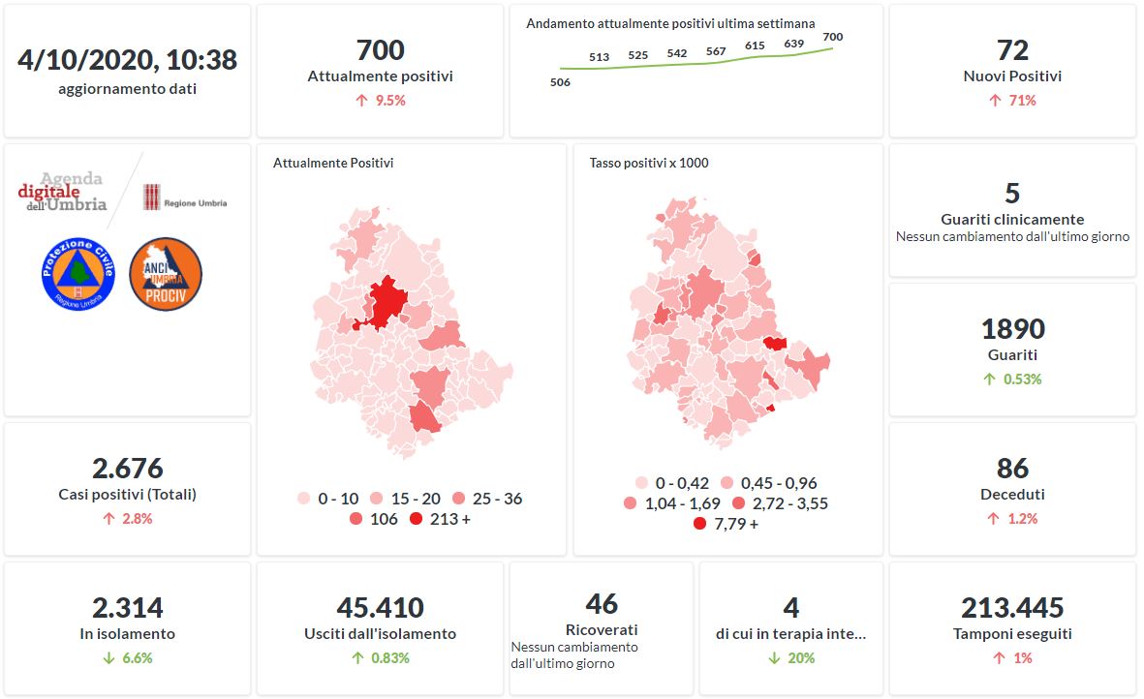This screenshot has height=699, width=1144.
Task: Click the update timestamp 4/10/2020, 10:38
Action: tap(127, 59)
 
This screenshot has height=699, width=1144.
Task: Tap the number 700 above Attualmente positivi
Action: tap(380, 49)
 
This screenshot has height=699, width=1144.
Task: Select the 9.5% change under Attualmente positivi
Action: tap(381, 100)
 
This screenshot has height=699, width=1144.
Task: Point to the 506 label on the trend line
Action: tap(560, 82)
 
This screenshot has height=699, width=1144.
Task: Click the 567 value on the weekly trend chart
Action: tap(716, 51)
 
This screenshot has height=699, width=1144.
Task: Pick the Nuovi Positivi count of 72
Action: tap(1012, 49)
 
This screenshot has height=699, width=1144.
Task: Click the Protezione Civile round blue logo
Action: tap(78, 274)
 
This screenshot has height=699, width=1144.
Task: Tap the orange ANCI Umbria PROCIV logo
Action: tap(165, 274)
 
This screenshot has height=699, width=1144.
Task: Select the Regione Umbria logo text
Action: tap(195, 203)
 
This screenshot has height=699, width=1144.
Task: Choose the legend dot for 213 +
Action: tap(417, 520)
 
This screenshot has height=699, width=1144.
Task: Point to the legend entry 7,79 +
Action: tap(726, 524)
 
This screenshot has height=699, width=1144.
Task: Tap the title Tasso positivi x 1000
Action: tap(648, 163)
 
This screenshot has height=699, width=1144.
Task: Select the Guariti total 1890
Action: tap(1012, 328)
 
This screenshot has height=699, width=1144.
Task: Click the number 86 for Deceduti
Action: tap(1012, 468)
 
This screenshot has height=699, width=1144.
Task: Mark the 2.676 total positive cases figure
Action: tap(127, 469)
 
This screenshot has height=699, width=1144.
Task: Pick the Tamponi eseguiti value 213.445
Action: tap(1012, 608)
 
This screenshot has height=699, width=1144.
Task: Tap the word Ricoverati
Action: tap(602, 629)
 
